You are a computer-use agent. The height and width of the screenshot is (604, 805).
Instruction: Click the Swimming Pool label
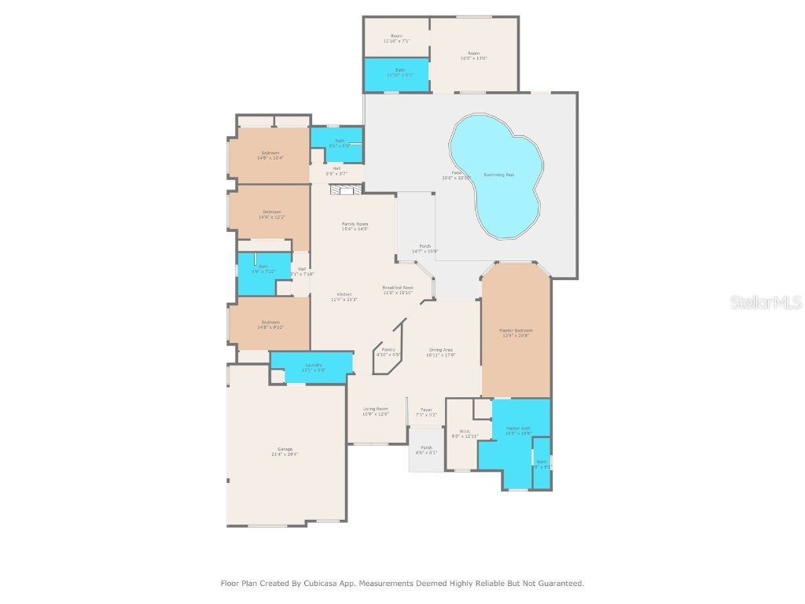(x=499, y=174)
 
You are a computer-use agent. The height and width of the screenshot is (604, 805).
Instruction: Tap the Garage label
(x=285, y=449)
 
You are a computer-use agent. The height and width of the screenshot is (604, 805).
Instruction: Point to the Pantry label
(x=388, y=349)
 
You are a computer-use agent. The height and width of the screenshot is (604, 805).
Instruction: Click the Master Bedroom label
(x=516, y=330)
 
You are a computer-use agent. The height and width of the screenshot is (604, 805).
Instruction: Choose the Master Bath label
(x=518, y=428)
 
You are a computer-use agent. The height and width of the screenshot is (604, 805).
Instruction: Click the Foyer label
(x=426, y=410)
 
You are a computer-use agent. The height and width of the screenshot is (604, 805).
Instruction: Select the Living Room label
(x=376, y=409)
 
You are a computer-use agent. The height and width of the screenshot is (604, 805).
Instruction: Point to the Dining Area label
(x=441, y=350)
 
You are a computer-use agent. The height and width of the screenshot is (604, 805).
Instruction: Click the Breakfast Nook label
(x=398, y=288)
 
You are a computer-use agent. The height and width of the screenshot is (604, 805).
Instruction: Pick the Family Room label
(x=355, y=224)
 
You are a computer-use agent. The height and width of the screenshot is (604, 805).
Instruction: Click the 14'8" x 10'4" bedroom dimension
(x=270, y=158)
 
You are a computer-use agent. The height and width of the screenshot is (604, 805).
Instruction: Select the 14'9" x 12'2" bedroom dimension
(x=271, y=217)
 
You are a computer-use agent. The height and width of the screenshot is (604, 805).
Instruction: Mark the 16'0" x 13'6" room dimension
(x=474, y=58)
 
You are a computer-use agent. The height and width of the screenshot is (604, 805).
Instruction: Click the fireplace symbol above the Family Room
(x=347, y=190)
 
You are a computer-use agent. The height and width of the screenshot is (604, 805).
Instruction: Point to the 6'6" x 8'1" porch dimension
(x=427, y=453)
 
